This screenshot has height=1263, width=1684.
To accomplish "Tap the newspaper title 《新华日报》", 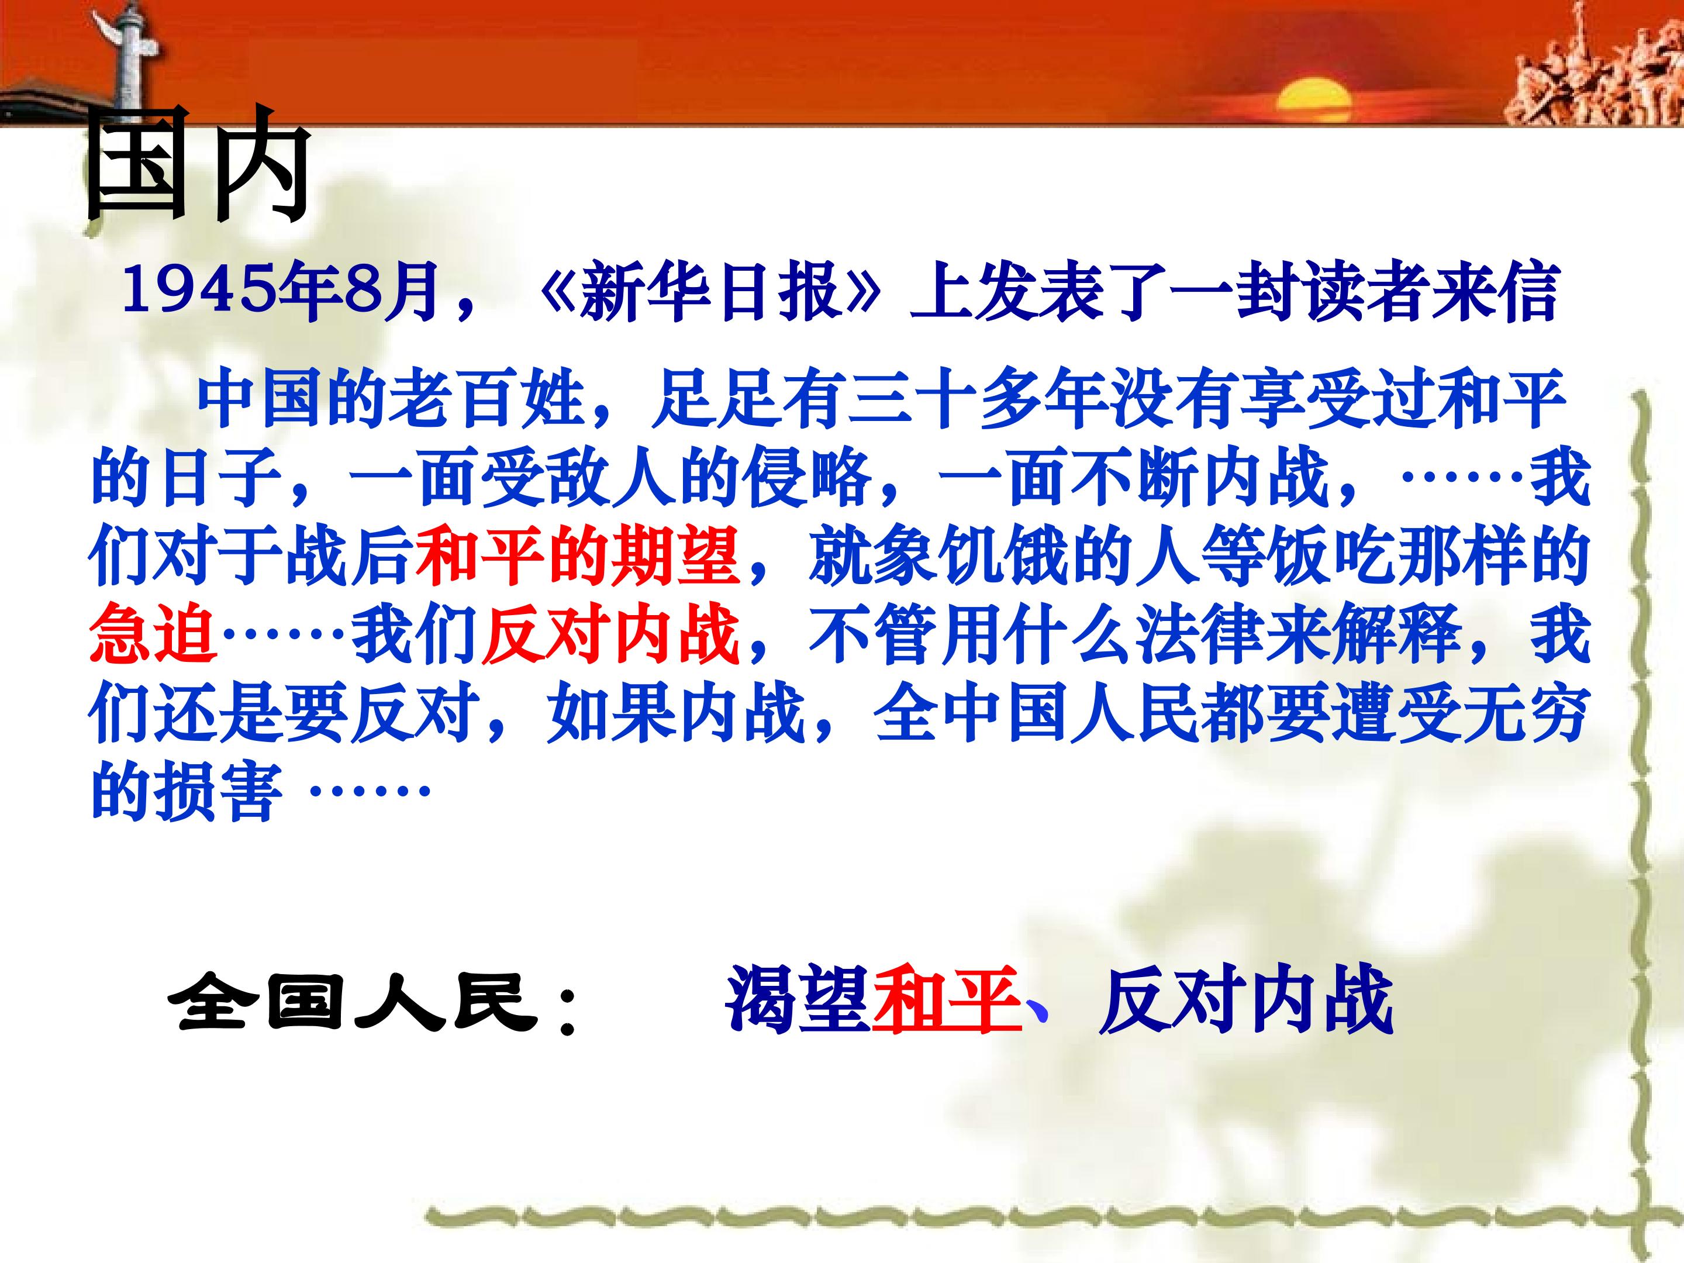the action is [x=709, y=292].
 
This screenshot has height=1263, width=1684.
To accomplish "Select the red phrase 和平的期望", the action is [x=579, y=558].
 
